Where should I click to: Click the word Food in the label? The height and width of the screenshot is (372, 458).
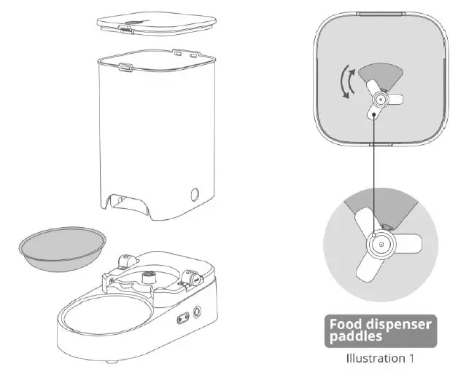(x=346, y=324)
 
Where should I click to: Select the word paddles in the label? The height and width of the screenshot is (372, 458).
(x=356, y=336)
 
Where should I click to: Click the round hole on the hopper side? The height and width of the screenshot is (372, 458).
(x=195, y=194)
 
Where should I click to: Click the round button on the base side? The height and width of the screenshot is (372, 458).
(x=197, y=313)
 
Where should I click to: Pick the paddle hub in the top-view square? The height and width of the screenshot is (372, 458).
(x=379, y=100)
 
